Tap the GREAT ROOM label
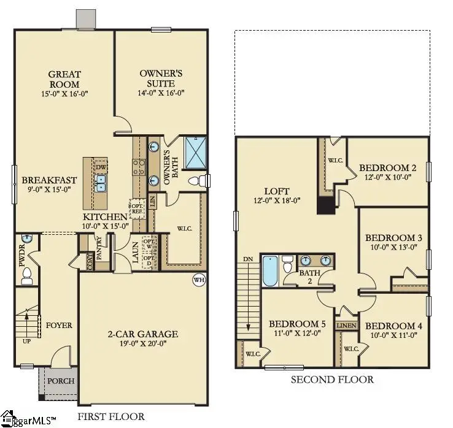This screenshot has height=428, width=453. (x=64, y=79)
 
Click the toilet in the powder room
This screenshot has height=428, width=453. (x=26, y=280)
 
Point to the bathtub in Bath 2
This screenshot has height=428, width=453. (x=270, y=271)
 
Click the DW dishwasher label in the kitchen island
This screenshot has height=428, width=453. (x=101, y=166)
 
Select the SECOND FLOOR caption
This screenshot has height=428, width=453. (x=332, y=380)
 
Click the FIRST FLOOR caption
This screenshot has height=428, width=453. (x=111, y=417)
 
